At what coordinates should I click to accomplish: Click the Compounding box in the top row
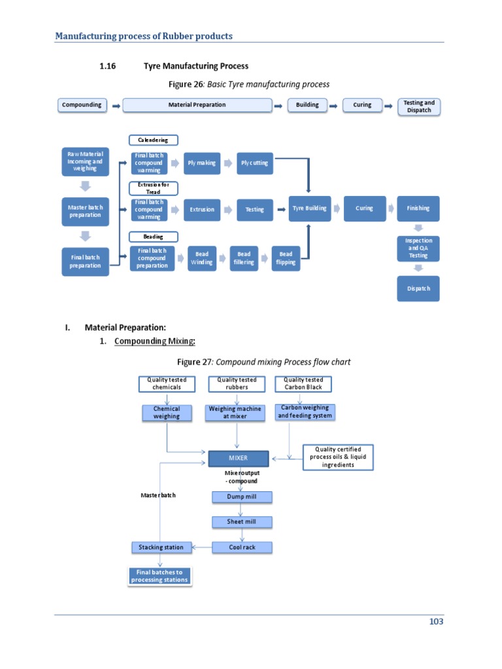(82, 105)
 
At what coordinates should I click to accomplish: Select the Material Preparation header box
(197, 105)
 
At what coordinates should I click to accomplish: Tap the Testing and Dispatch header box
(418, 106)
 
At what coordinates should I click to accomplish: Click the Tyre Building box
(309, 208)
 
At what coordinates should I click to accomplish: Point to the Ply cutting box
(254, 163)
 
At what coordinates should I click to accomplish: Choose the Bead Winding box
(201, 258)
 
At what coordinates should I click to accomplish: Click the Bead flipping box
(286, 258)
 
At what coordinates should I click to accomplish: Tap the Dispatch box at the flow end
(418, 289)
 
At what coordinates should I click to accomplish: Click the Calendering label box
(153, 140)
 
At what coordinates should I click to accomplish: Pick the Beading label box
(153, 237)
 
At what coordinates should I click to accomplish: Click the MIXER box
(238, 458)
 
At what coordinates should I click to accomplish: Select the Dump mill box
(242, 497)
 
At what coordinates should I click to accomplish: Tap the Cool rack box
(242, 547)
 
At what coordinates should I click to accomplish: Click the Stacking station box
(161, 547)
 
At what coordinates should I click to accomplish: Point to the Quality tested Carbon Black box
(303, 383)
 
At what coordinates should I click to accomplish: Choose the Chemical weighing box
(166, 412)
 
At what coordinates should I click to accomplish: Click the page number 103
(436, 621)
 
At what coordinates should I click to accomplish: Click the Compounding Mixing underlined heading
(155, 342)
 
